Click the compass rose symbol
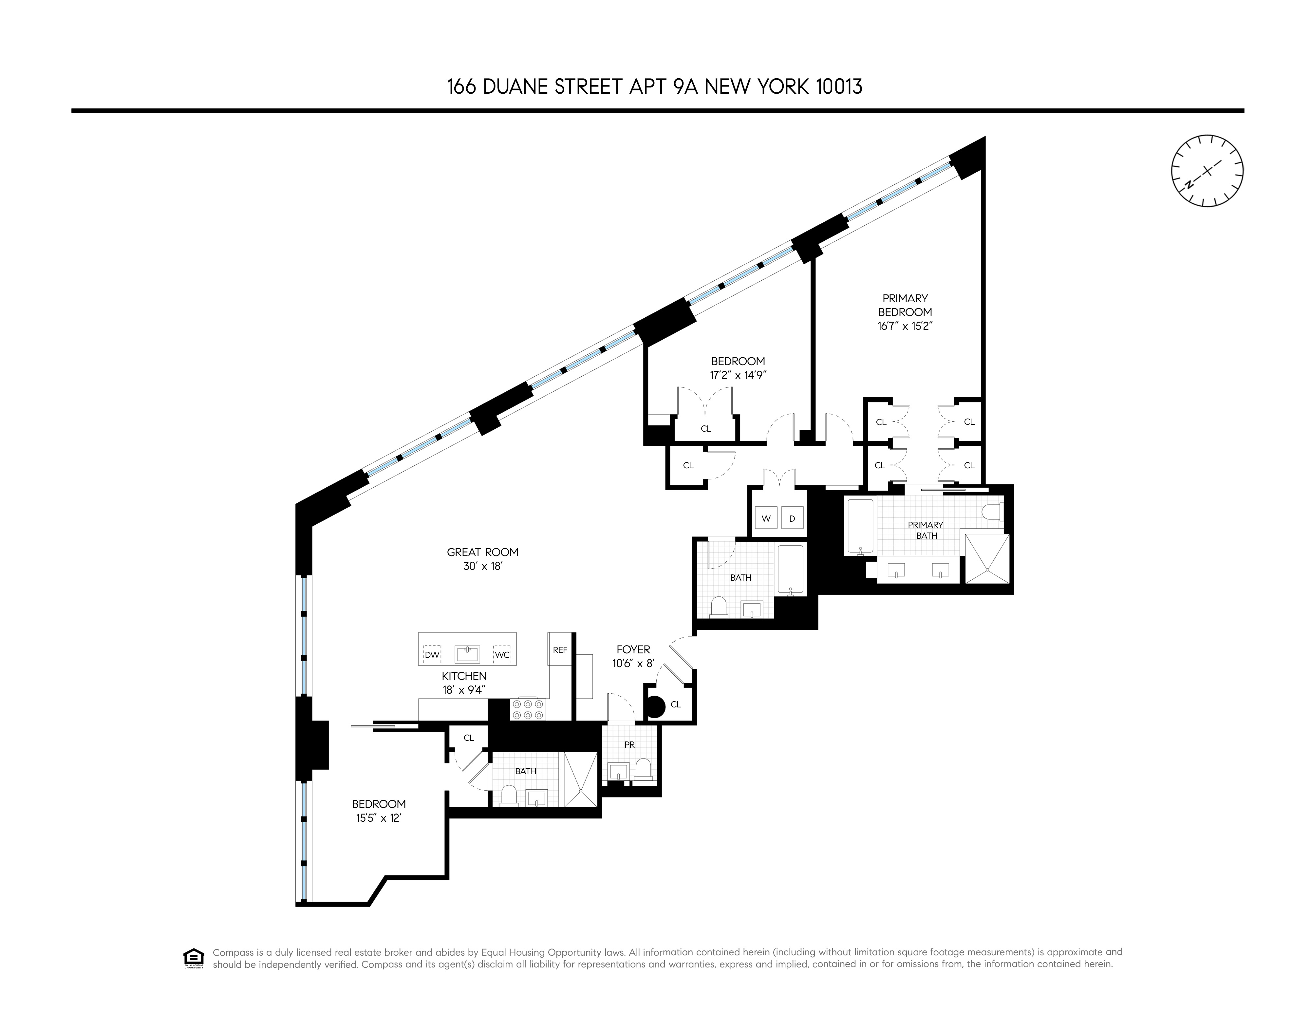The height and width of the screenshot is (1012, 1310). coord(1207,171)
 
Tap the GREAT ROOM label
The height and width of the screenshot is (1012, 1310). coord(482,552)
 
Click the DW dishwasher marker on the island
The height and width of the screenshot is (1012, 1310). coord(432,654)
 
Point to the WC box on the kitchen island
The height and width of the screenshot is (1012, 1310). coord(502,654)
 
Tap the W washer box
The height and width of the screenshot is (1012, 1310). coord(766,518)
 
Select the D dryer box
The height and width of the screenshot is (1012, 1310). coord(792,518)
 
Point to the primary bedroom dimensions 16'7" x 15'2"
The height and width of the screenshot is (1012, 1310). coord(905,326)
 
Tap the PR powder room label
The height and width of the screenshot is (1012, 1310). coord(629,744)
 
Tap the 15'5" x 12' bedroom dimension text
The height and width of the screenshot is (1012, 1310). coord(379,818)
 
